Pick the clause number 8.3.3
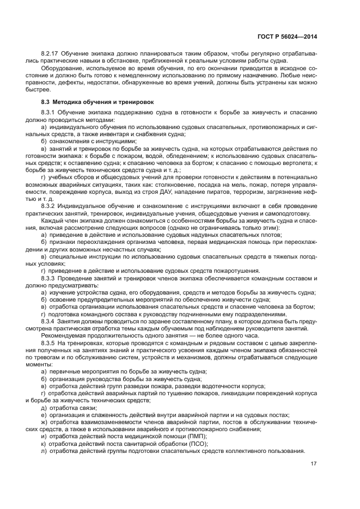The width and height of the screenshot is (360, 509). coord(48,278)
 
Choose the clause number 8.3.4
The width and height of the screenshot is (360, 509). coord(48,321)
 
